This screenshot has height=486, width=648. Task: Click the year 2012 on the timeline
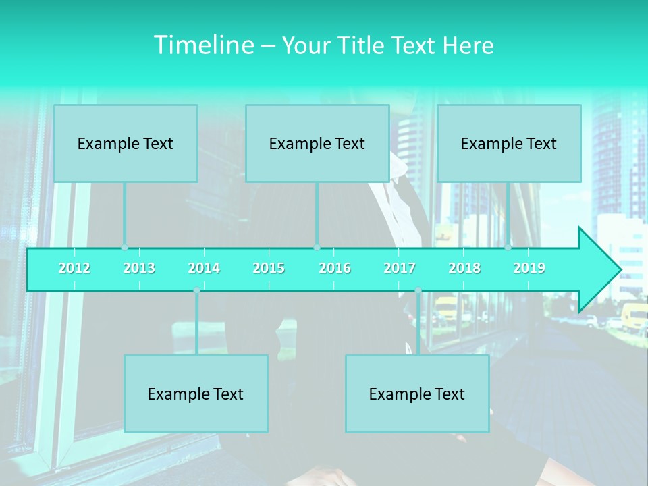pos(74,268)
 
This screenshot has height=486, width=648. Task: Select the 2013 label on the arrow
pos(139,268)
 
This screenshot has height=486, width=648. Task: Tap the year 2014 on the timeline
pos(204,268)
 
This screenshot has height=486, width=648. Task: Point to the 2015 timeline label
pos(269,268)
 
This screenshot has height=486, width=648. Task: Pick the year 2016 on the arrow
pos(335,268)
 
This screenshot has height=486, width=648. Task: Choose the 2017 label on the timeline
pos(400,268)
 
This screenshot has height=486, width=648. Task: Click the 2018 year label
pos(464,268)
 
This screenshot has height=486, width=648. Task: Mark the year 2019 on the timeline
pos(529,268)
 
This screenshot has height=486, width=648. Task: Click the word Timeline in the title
pos(202,45)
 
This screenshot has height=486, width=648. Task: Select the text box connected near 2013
pos(126,143)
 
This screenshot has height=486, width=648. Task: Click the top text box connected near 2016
pos(317,143)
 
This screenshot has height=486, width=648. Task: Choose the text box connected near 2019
pos(509,143)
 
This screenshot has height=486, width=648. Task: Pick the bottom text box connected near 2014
pos(196,394)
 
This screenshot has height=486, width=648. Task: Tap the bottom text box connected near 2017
pos(417,394)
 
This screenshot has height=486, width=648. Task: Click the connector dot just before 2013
pos(124,248)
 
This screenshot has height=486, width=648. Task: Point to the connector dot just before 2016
pos(317,248)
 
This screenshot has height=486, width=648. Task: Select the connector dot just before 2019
pos(508,248)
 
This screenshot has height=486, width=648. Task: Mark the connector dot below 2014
pos(196,290)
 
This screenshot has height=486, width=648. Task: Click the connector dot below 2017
pos(418,290)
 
